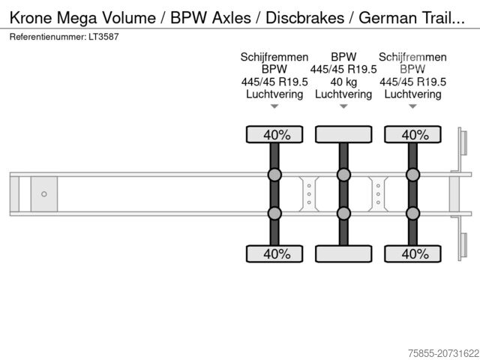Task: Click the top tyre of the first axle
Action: click(x=274, y=134)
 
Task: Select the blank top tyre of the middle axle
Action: click(x=343, y=134)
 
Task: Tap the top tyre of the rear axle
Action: click(x=412, y=134)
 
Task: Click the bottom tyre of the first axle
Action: click(x=274, y=253)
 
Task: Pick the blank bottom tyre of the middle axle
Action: click(x=343, y=253)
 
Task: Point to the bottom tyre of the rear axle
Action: click(x=412, y=253)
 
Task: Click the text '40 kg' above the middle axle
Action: click(x=343, y=82)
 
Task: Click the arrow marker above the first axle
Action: click(x=274, y=106)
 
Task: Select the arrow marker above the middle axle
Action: click(x=343, y=106)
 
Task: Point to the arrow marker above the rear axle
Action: click(x=412, y=106)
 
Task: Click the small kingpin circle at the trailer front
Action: click(x=44, y=194)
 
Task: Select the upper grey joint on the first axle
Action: click(x=274, y=175)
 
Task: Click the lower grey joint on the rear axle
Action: click(x=412, y=213)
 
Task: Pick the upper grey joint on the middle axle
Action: click(x=343, y=175)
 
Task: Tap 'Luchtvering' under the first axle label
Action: click(x=274, y=94)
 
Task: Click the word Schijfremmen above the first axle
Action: click(x=274, y=57)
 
